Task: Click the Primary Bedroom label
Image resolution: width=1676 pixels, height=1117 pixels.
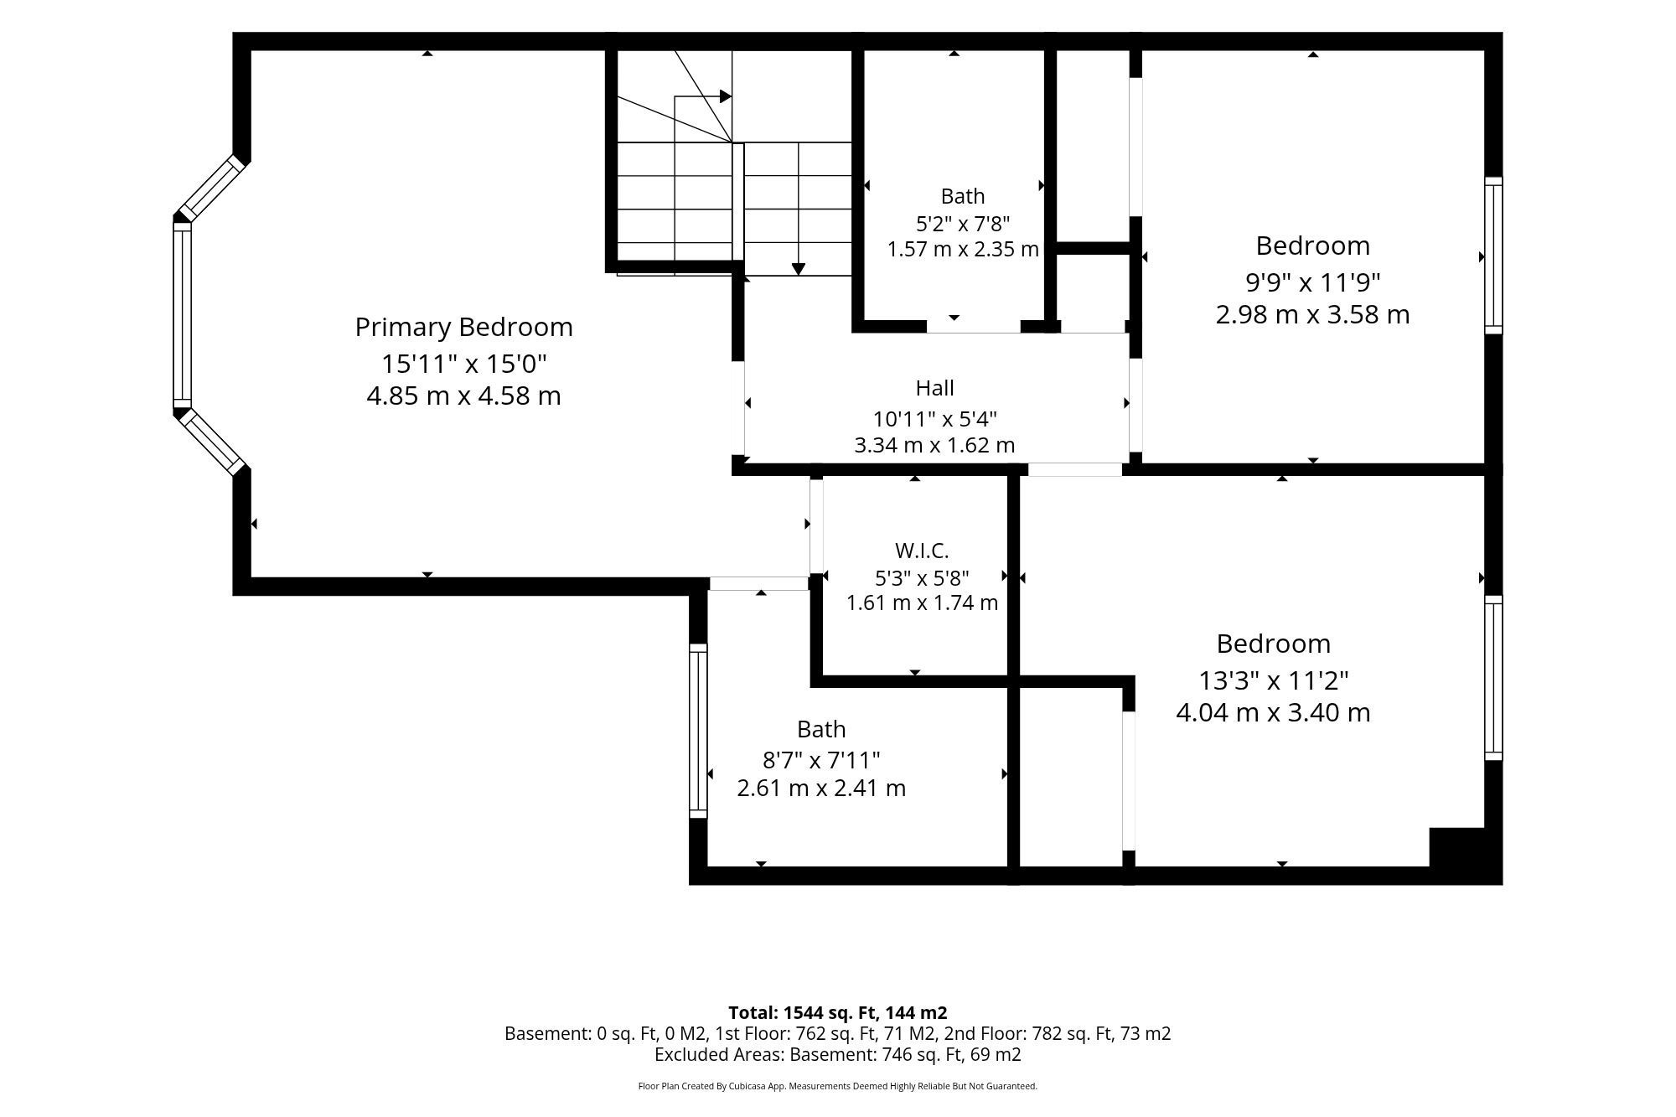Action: (463, 328)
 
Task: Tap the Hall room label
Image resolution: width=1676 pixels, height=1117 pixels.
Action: (934, 388)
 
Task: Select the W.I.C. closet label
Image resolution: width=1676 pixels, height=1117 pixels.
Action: (922, 551)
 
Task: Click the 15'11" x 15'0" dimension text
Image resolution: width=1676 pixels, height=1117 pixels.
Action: (463, 364)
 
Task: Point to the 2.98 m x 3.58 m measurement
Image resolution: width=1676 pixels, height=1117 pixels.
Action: (1312, 314)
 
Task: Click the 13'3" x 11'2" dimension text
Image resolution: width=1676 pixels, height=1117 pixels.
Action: (1273, 680)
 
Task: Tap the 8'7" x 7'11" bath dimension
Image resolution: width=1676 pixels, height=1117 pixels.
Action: (821, 760)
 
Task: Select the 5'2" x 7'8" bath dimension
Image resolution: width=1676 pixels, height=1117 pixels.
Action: (963, 224)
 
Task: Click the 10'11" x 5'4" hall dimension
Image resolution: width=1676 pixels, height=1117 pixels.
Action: (934, 418)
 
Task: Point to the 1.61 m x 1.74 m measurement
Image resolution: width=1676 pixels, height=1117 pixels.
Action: (922, 602)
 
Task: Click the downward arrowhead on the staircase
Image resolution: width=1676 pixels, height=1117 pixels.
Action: (799, 269)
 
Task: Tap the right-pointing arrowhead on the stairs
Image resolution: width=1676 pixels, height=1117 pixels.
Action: (726, 96)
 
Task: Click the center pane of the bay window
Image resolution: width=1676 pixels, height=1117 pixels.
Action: (182, 315)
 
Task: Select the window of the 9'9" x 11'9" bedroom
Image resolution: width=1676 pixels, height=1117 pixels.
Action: (1493, 256)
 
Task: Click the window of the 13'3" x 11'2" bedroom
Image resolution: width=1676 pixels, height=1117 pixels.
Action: (1493, 678)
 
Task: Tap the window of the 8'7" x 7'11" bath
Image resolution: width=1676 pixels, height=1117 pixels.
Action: (698, 731)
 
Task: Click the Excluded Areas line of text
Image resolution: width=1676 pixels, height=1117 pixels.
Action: (838, 1055)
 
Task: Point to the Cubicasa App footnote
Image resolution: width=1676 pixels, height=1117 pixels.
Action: (838, 1086)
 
